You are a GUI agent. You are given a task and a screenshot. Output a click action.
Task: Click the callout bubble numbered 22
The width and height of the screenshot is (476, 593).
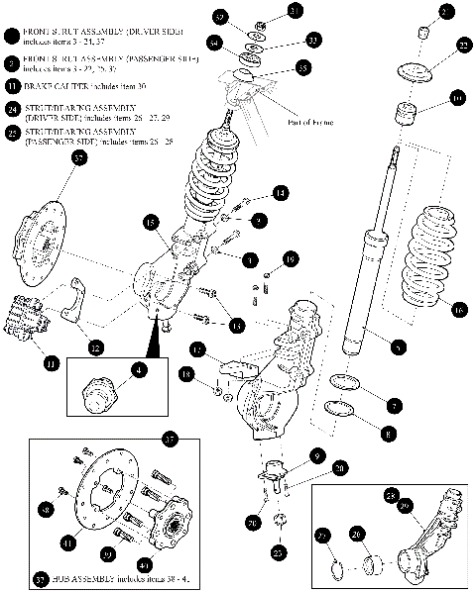(x=462, y=46)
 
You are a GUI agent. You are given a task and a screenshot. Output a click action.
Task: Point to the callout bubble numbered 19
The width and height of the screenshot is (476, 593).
(x=291, y=259)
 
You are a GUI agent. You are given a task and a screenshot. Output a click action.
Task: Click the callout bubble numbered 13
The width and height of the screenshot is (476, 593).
(x=236, y=325)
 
